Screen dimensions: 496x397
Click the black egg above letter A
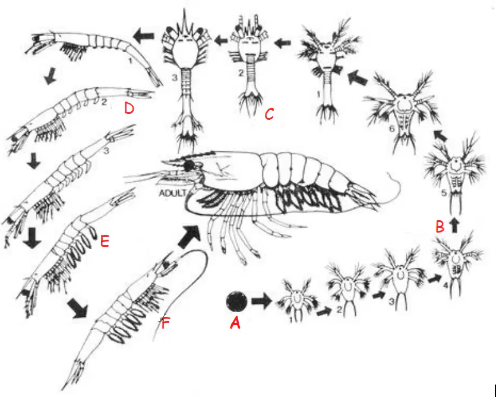click(x=236, y=301)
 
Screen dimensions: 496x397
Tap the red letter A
click(x=235, y=323)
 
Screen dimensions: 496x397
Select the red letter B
click(x=440, y=227)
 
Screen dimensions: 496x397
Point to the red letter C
click(x=269, y=114)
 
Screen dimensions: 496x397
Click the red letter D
click(x=129, y=109)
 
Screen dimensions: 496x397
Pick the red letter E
click(x=105, y=242)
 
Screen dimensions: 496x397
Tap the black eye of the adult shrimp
click(x=189, y=166)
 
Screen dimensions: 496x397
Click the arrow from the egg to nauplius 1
click(x=261, y=301)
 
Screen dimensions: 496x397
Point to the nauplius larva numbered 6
click(x=402, y=110)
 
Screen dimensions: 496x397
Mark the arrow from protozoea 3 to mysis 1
click(x=144, y=36)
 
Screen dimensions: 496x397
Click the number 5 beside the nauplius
click(x=444, y=192)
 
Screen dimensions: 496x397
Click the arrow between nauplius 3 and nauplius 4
click(x=434, y=278)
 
